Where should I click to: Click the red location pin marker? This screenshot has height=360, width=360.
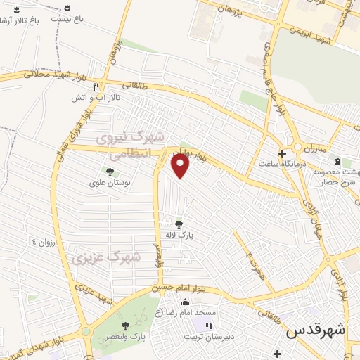(x=181, y=166)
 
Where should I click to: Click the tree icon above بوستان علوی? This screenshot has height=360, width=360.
(x=109, y=171)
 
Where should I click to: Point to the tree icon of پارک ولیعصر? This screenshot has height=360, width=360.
(x=125, y=325)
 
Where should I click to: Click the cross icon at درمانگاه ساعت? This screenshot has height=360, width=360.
(x=283, y=153)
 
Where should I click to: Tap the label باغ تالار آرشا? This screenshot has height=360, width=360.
(x=20, y=20)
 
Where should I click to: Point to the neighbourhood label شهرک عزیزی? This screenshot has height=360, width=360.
(x=105, y=258)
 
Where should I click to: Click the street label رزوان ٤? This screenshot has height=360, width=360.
(x=40, y=242)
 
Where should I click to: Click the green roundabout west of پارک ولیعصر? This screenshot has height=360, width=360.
(x=86, y=330)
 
